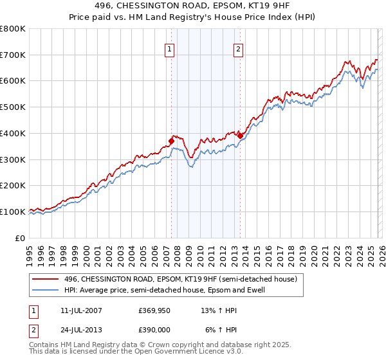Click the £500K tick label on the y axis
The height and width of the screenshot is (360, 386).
click(x=13, y=107)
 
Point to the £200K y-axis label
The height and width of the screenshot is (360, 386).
click(x=13, y=186)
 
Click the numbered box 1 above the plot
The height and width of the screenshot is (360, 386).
click(x=170, y=49)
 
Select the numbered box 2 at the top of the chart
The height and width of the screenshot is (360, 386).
click(x=238, y=49)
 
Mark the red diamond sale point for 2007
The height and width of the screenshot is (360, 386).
click(x=172, y=141)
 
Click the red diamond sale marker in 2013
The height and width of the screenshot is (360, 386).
click(x=240, y=136)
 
